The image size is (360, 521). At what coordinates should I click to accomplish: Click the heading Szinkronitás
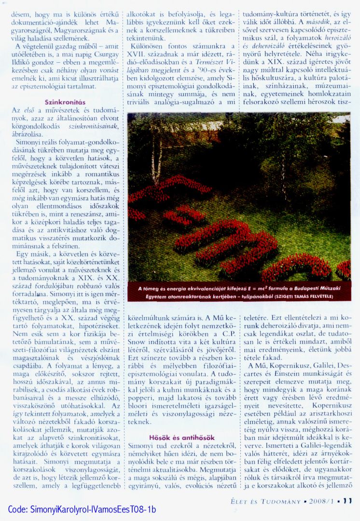tap(65, 102)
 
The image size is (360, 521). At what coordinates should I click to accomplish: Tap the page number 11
tap(347, 501)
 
